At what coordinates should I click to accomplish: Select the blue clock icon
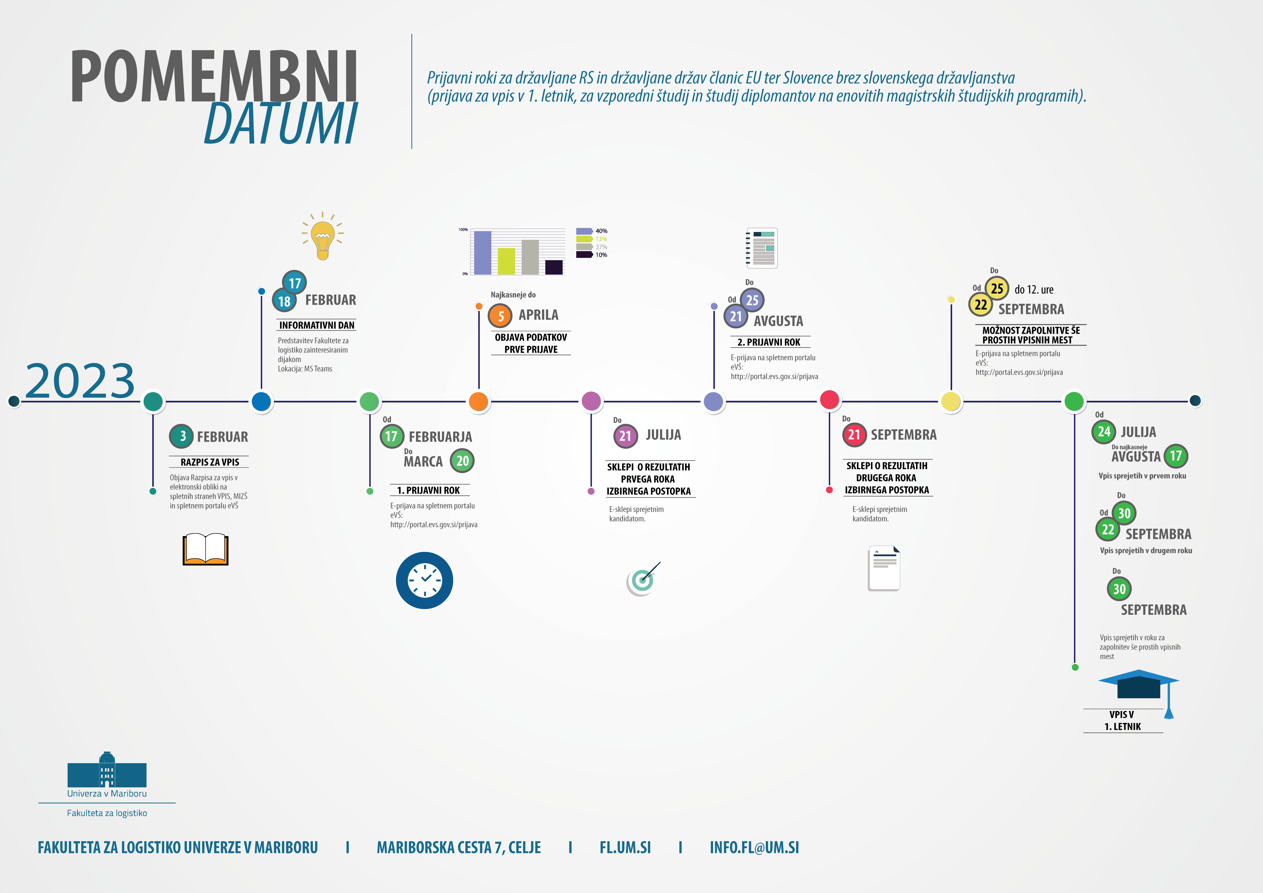tap(424, 580)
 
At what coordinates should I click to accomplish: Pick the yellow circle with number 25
tap(997, 288)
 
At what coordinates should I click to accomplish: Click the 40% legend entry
tap(592, 231)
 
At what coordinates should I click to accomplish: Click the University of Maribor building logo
tap(107, 770)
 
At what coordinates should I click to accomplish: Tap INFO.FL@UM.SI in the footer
tap(754, 847)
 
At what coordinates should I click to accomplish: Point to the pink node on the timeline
tap(591, 401)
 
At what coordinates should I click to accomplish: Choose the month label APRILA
tap(538, 315)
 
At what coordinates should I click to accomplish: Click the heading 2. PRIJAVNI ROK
tap(769, 342)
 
